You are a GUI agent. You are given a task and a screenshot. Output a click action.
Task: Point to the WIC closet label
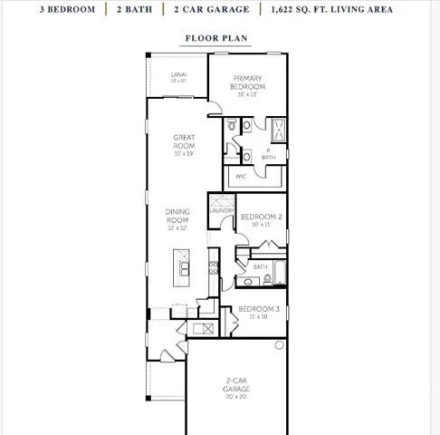click(x=242, y=176)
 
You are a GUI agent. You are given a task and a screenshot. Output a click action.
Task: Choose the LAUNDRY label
click(x=223, y=210)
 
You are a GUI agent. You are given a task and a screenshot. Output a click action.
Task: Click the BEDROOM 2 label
click(x=261, y=217)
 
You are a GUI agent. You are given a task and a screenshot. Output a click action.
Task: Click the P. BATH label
click(x=269, y=153)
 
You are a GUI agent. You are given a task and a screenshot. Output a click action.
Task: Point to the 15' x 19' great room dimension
click(x=185, y=153)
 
